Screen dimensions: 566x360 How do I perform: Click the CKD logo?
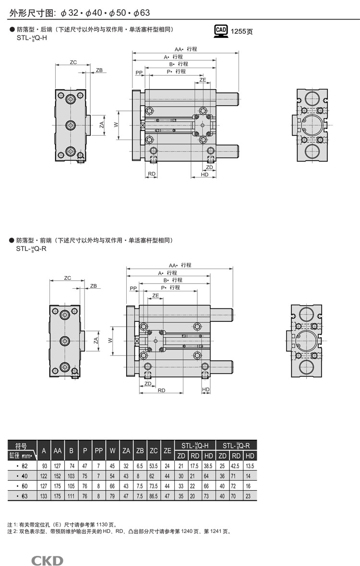(x=48, y=560)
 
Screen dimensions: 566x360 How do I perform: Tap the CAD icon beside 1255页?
(x=221, y=31)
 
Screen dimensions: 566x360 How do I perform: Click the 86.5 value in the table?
(x=154, y=496)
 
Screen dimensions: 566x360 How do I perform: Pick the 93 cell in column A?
(x=44, y=466)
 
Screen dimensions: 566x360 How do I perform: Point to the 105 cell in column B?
(x=72, y=486)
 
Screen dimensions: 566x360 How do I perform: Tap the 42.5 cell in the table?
(x=236, y=466)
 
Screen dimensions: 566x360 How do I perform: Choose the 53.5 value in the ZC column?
(x=154, y=466)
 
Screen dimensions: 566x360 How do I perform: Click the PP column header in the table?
(x=99, y=450)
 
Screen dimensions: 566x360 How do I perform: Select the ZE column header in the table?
(x=168, y=450)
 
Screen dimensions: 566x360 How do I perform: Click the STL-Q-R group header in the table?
(x=236, y=445)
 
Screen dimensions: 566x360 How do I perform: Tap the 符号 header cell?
(x=22, y=445)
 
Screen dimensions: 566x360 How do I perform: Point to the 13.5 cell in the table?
(x=250, y=466)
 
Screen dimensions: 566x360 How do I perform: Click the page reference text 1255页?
(x=242, y=32)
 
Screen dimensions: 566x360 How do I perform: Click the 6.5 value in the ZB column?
(x=140, y=466)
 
